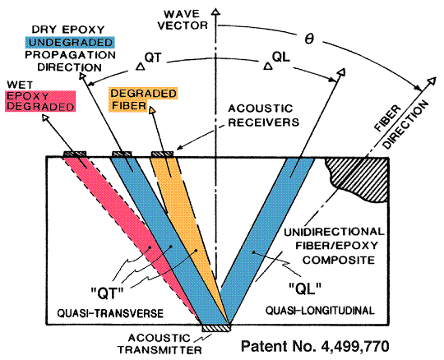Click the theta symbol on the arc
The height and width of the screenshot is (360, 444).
click(x=309, y=39)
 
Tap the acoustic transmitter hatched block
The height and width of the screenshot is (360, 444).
click(x=216, y=328)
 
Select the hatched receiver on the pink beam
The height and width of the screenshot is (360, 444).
click(x=75, y=154)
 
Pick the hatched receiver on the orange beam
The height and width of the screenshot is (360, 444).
click(x=162, y=154)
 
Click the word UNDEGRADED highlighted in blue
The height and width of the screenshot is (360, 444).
click(x=71, y=43)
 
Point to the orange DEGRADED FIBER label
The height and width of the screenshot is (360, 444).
click(x=144, y=99)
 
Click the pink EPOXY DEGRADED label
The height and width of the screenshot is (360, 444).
click(x=40, y=101)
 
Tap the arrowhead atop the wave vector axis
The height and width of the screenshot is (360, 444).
click(x=216, y=12)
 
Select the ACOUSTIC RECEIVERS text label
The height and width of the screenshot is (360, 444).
click(x=264, y=115)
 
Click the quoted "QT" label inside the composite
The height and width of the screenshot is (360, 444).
click(x=107, y=293)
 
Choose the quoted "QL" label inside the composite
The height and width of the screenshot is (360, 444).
click(x=305, y=288)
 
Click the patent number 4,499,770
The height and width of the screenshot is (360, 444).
click(x=315, y=345)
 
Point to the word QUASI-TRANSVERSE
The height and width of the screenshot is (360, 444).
click(x=110, y=313)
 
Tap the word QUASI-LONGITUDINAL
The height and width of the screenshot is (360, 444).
click(x=320, y=310)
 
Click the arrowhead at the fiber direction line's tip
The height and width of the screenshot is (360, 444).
click(x=432, y=81)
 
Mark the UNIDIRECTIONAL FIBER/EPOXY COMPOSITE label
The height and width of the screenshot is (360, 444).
click(x=335, y=246)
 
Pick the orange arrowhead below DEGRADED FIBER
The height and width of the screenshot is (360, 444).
click(x=152, y=110)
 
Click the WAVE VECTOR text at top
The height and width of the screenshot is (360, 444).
click(x=183, y=20)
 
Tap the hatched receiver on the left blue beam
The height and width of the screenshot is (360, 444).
click(x=122, y=154)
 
